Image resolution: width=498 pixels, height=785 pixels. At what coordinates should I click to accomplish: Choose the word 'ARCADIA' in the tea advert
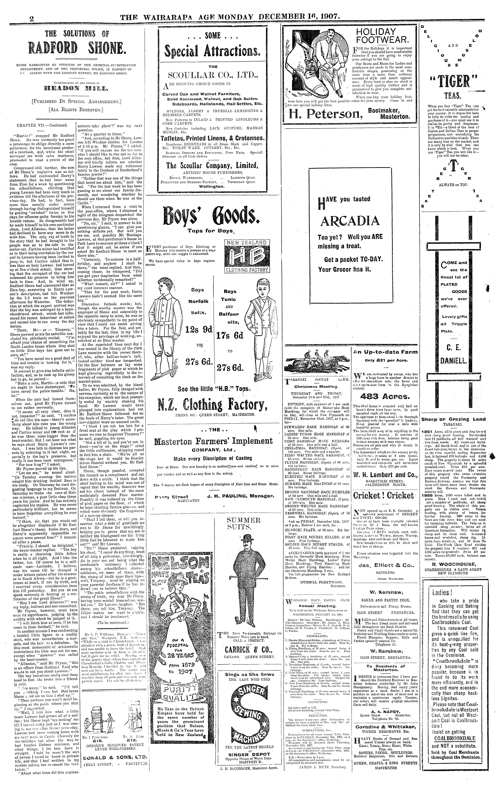coord(350,221)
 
